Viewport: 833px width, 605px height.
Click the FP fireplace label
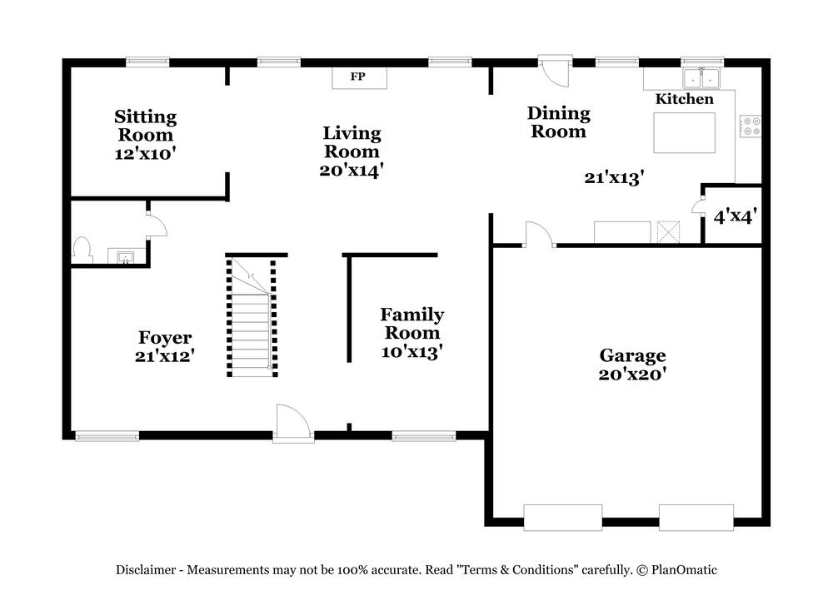357,77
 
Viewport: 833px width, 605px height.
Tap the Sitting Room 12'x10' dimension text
145,154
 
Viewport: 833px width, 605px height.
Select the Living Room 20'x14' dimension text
352,171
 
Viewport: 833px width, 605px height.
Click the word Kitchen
684,99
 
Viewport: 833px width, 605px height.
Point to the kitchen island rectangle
684,132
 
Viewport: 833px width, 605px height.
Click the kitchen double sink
701,78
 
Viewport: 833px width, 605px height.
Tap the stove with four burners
751,126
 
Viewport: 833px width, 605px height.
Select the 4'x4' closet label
735,216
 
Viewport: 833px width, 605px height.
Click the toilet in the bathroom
82,250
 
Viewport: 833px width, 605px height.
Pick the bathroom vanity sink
126,257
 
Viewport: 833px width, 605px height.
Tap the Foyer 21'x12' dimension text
165,356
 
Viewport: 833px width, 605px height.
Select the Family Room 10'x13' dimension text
412,352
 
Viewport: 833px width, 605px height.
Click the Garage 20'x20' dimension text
632,374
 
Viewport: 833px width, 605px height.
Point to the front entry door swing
292,423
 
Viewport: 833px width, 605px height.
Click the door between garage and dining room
540,234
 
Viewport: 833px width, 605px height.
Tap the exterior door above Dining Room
555,71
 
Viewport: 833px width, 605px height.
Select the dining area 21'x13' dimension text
614,178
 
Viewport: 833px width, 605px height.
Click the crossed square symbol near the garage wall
668,232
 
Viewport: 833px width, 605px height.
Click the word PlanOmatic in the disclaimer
684,570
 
